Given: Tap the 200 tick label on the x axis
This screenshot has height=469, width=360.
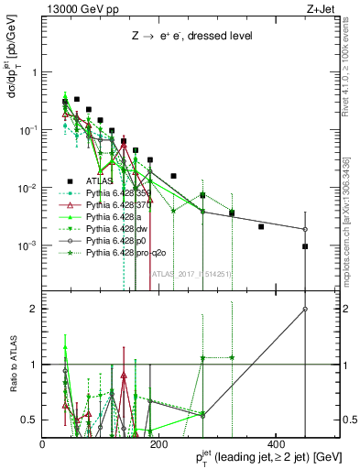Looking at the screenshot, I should click(x=158, y=443).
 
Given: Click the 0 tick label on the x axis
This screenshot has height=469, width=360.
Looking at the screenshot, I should click(x=42, y=443).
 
